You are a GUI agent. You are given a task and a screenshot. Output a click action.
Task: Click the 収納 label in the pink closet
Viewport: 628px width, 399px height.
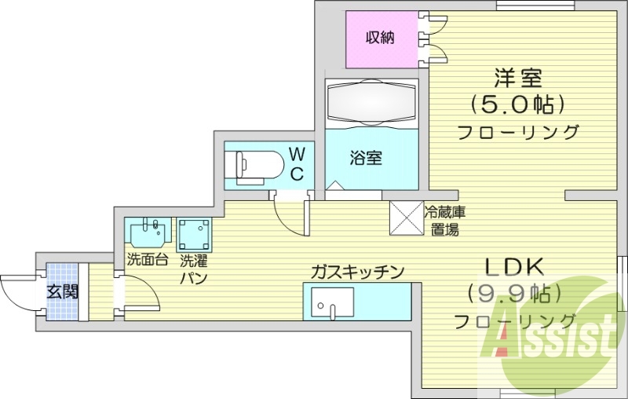point(380,38)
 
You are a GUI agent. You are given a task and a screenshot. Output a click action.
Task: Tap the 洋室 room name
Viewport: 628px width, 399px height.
point(518,78)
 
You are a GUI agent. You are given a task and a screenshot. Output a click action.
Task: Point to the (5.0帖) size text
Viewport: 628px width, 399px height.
point(518,104)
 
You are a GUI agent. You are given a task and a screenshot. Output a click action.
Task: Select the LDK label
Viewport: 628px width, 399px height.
point(515,268)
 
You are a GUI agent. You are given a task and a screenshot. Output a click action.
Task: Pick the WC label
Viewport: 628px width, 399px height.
point(297,163)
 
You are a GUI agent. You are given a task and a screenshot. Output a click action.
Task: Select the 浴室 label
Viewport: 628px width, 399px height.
point(366,158)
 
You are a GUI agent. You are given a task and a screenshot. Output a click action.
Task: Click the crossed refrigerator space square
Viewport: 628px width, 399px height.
point(407,218)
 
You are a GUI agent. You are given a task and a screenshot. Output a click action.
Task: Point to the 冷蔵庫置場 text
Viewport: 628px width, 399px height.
point(444,221)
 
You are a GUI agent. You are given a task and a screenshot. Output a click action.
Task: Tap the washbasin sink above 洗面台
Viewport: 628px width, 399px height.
point(148,232)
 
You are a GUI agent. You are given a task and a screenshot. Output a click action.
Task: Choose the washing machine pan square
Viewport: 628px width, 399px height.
point(194,235)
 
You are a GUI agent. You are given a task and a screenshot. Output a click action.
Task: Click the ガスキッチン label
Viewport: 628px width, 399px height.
point(357,273)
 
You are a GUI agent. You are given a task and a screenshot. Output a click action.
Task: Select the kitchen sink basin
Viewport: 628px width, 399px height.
point(333,303)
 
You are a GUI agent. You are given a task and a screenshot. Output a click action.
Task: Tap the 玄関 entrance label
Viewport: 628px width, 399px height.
point(62,291)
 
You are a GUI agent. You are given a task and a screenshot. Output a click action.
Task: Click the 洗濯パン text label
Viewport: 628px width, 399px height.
point(193,269)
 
